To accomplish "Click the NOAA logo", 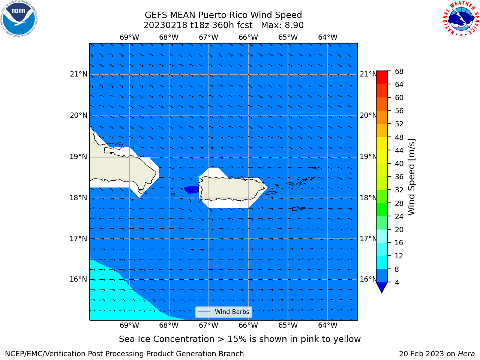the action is point(19,19).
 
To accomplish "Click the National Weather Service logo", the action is point(461,19).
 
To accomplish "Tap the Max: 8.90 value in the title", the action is point(282,25).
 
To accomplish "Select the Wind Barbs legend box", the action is point(223,312).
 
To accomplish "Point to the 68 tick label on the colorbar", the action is point(399,72).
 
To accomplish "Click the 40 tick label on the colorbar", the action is point(399,164).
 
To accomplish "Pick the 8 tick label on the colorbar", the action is point(397,269).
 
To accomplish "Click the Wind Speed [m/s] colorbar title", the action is point(411,177).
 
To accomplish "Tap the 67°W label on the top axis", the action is point(208,37).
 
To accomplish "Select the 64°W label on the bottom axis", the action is point(328,325).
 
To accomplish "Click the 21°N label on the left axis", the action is point(78,74).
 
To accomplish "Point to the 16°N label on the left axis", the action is point(78,279).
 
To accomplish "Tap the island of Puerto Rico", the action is point(232,188).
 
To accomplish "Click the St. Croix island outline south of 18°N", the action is point(298,209).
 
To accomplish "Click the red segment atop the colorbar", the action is point(382,78).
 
